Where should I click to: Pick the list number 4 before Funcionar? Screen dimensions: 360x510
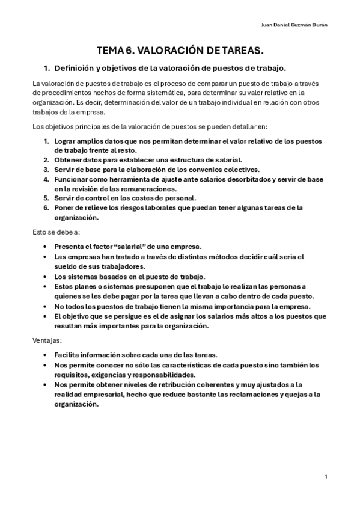click(x=46, y=179)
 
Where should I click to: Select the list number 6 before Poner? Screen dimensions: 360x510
click(x=46, y=207)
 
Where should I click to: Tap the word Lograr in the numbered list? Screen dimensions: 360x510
click(x=67, y=141)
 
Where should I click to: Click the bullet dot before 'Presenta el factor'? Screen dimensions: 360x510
click(x=46, y=247)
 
